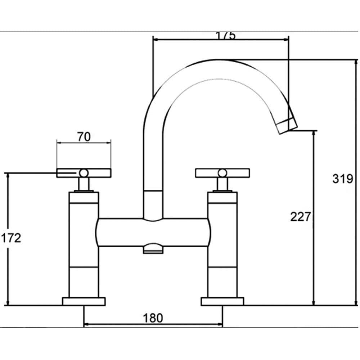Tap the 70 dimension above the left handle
pyautogui.click(x=84, y=137)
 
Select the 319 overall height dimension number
pyautogui.click(x=343, y=179)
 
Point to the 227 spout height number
pyautogui.click(x=301, y=217)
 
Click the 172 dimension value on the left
pyautogui.click(x=11, y=238)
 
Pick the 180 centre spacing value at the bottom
pyautogui.click(x=153, y=318)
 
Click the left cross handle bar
pyautogui.click(x=68, y=173)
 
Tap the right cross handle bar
pyautogui.click(x=238, y=173)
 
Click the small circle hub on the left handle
pyautogui.click(x=84, y=173)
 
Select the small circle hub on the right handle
pyautogui.click(x=222, y=173)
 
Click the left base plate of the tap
pyautogui.click(x=84, y=301)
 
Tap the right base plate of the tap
pyautogui.click(x=222, y=301)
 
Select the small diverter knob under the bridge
pyautogui.click(x=153, y=249)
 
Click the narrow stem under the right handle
pyautogui.click(x=222, y=185)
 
